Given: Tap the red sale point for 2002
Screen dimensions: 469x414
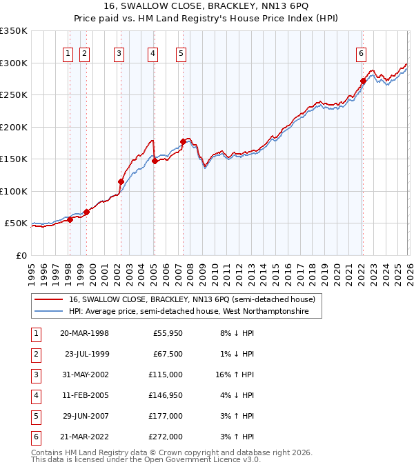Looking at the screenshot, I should (121, 182).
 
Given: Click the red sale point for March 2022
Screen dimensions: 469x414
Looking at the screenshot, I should (362, 81).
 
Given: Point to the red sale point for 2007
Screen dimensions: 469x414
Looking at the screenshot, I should (183, 142).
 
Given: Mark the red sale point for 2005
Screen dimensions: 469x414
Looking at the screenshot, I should (155, 161).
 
